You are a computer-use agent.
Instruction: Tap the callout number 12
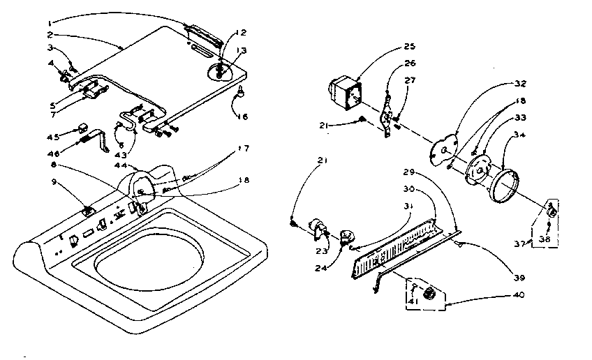coord(241,33)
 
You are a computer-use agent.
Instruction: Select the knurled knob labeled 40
coord(430,291)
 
